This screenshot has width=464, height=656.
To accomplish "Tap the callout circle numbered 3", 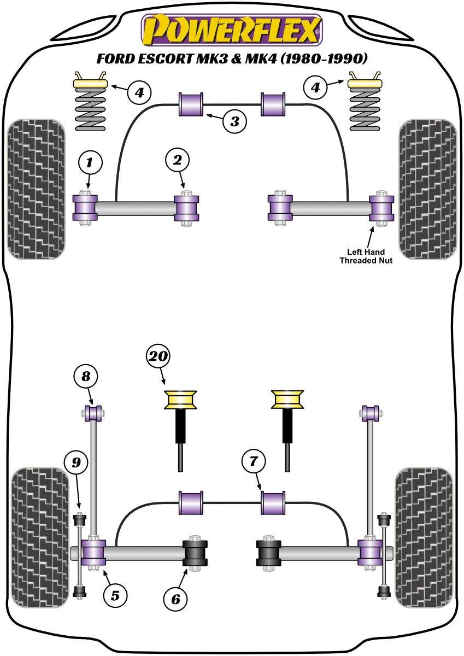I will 234,121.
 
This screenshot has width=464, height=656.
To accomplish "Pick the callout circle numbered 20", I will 158,358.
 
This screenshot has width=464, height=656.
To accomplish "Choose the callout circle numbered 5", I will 115,594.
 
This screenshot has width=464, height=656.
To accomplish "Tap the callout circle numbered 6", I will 175,599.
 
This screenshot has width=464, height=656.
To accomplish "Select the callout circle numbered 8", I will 86,376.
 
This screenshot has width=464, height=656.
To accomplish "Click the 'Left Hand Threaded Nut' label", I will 366,256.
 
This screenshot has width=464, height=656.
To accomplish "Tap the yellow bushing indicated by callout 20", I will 181,400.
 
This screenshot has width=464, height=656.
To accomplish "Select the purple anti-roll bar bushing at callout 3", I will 191,104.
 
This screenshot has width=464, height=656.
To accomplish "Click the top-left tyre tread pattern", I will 37,189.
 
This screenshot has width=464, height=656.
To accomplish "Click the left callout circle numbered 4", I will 139,92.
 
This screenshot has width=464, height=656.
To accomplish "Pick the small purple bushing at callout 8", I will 93,413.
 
